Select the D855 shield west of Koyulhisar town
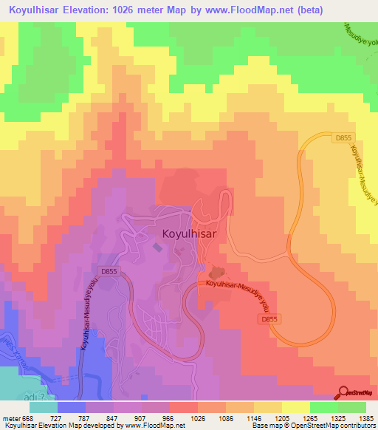(x=109, y=271)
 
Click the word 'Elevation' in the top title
(x=91, y=8)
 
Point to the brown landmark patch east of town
(x=217, y=273)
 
